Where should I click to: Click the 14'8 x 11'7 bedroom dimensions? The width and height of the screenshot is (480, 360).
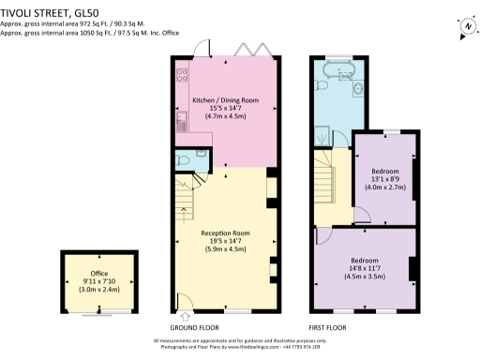tap(365, 267)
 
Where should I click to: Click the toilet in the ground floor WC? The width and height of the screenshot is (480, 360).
tap(185, 160)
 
